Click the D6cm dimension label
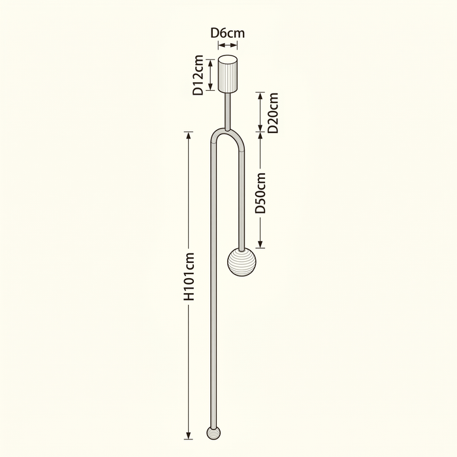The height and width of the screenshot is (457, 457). pos(228,33)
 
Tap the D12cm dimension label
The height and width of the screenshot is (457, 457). pos(198,75)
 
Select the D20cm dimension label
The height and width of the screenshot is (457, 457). pos(273,113)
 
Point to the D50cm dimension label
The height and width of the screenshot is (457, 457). pos(260,193)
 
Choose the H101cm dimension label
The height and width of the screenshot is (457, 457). pos(189,277)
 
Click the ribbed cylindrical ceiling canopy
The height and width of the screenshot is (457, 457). pos(228,74)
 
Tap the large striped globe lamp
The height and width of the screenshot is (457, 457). pos(242,262)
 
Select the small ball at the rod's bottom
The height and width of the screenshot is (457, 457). pos(213,433)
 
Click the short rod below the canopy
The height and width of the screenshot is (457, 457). pos(227,112)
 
